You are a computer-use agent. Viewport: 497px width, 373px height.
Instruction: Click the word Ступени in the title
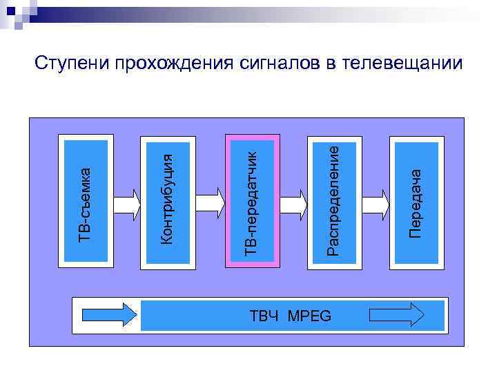(73, 64)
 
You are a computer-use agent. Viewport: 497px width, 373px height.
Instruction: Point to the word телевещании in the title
(403, 64)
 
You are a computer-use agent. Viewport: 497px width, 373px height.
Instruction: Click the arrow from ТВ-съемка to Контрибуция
(126, 204)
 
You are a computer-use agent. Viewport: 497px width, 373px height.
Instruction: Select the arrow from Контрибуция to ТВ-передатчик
(209, 201)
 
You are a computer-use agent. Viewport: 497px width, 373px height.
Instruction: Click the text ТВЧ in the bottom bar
(264, 316)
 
